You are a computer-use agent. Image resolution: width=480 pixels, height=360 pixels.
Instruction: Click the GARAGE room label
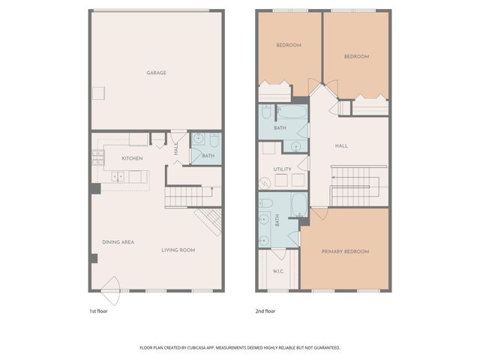[x=156, y=73]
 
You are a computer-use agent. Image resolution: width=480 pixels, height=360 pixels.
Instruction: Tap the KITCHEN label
[x=132, y=158]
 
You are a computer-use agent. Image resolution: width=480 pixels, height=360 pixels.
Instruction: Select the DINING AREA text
[x=118, y=242]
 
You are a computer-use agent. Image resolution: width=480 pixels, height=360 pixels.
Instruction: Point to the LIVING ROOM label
[x=178, y=250]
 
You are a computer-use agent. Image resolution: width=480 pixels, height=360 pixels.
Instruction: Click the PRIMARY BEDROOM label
[x=345, y=251]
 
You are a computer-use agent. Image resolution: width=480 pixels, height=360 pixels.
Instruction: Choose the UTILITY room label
[x=282, y=169]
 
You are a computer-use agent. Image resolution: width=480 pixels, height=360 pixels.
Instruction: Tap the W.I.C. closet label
[x=277, y=271]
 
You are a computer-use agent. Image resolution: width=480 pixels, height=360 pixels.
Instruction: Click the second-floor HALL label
[x=341, y=147]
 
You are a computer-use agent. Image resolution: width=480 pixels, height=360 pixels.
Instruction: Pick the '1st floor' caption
[x=97, y=310]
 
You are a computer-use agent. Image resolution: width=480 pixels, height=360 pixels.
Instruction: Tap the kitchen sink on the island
[x=118, y=177]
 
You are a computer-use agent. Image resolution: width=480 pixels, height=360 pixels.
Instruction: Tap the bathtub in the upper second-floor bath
[x=292, y=112]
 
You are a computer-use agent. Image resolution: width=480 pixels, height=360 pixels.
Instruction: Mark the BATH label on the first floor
[x=208, y=156]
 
